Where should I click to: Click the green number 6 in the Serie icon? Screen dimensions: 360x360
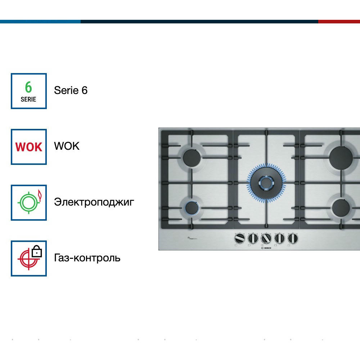[28, 87]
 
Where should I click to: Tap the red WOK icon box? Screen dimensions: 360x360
[29, 147]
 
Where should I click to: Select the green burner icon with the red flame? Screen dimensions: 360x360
[29, 202]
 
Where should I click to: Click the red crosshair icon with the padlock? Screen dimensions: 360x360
[29, 258]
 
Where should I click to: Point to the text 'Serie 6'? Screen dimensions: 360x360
[71, 90]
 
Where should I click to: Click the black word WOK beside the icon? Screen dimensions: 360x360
[67, 146]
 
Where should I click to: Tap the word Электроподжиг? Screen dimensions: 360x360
[94, 202]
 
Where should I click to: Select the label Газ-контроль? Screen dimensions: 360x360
[87, 258]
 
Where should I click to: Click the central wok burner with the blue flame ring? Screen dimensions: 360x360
[266, 182]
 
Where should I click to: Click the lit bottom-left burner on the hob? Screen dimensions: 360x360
[192, 208]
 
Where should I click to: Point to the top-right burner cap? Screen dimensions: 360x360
[341, 157]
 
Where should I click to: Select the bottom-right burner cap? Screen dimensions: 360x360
[341, 208]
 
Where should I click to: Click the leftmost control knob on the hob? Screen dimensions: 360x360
[239, 238]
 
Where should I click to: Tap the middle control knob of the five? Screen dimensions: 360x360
[266, 238]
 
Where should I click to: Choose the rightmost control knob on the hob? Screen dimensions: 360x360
[293, 238]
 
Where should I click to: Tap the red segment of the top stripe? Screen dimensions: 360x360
[339, 22]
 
